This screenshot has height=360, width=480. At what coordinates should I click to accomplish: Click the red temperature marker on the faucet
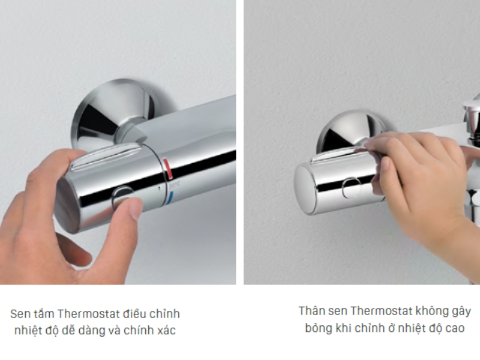[169, 169]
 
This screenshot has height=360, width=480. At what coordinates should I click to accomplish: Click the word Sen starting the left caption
[19, 314]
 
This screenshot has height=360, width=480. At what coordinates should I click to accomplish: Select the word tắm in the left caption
[43, 314]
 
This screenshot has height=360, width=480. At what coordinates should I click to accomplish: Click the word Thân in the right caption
[311, 311]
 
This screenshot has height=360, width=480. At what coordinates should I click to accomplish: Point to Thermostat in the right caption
[380, 311]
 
